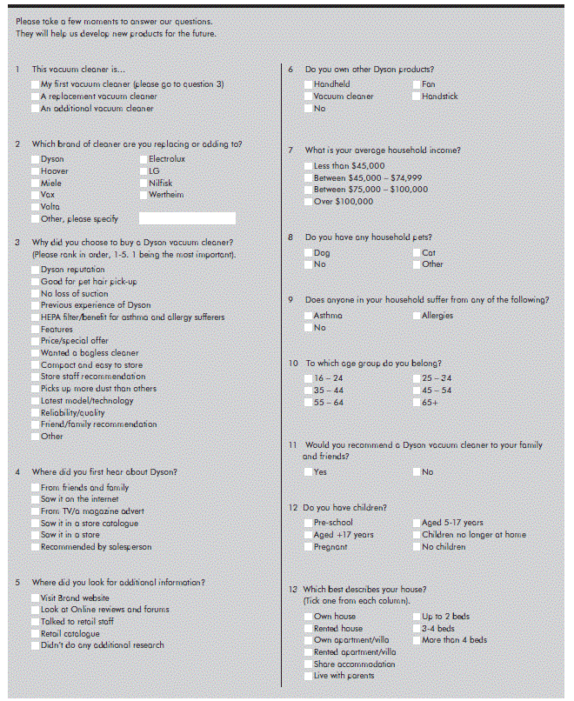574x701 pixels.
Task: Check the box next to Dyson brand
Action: click(34, 160)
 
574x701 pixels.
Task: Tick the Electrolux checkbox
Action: click(143, 160)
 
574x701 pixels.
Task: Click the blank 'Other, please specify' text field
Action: click(187, 219)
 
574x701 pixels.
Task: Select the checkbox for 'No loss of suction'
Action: click(34, 294)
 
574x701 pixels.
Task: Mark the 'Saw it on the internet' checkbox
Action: click(34, 500)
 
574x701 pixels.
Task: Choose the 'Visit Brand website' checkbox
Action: click(34, 598)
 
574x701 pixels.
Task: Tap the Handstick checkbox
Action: click(416, 97)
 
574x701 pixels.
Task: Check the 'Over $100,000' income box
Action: click(308, 202)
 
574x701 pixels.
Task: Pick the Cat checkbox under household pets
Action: click(416, 253)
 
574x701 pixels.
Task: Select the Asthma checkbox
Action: click(308, 316)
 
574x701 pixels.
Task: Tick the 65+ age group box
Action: click(416, 403)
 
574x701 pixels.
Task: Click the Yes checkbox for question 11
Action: click(308, 472)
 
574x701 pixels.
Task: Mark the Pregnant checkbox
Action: click(308, 547)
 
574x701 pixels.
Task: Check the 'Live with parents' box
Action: click(308, 676)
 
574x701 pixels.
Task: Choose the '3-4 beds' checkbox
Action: click(416, 629)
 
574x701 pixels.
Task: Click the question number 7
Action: click(290, 150)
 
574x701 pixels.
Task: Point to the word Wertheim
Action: click(166, 196)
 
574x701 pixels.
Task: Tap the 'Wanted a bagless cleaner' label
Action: click(89, 353)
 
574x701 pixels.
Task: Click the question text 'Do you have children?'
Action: click(344, 507)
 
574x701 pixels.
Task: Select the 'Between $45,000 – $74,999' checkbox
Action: click(308, 177)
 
